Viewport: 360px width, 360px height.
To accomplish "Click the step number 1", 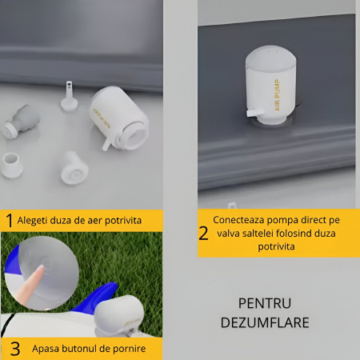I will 10,219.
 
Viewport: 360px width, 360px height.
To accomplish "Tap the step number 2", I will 203,233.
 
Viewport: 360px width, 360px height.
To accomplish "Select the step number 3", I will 14,349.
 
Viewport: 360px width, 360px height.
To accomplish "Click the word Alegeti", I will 36,218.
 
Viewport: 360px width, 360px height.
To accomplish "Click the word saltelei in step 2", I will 263,233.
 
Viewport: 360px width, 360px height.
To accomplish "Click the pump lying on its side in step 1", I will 119,119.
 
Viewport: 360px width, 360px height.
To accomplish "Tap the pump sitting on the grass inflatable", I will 120,316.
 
